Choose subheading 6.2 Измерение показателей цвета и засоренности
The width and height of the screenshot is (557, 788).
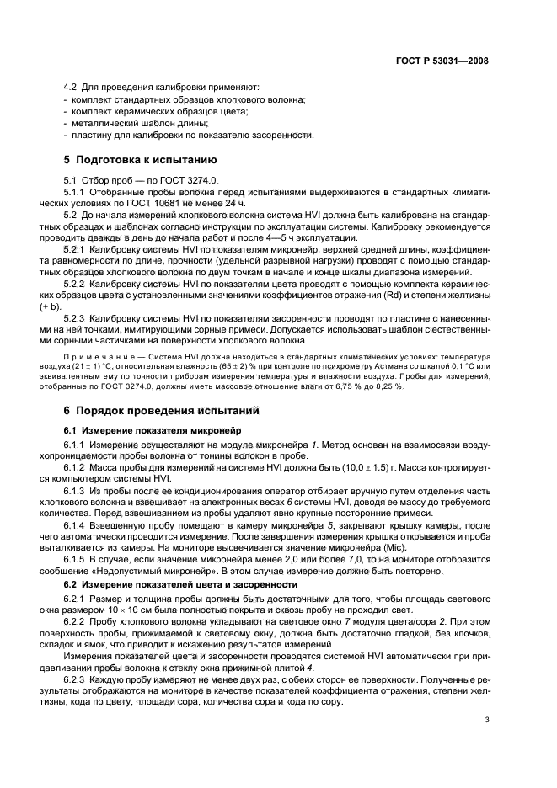(180, 583)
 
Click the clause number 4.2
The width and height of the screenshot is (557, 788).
(72, 87)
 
